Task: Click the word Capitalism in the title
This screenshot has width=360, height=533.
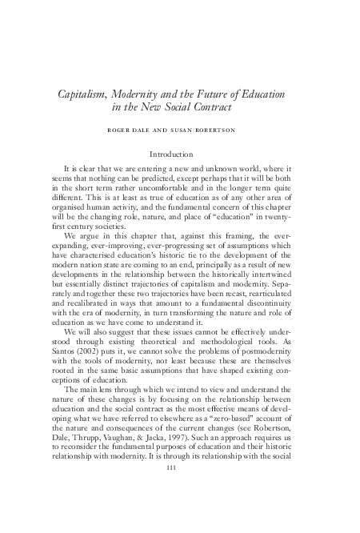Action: click(x=84, y=94)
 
